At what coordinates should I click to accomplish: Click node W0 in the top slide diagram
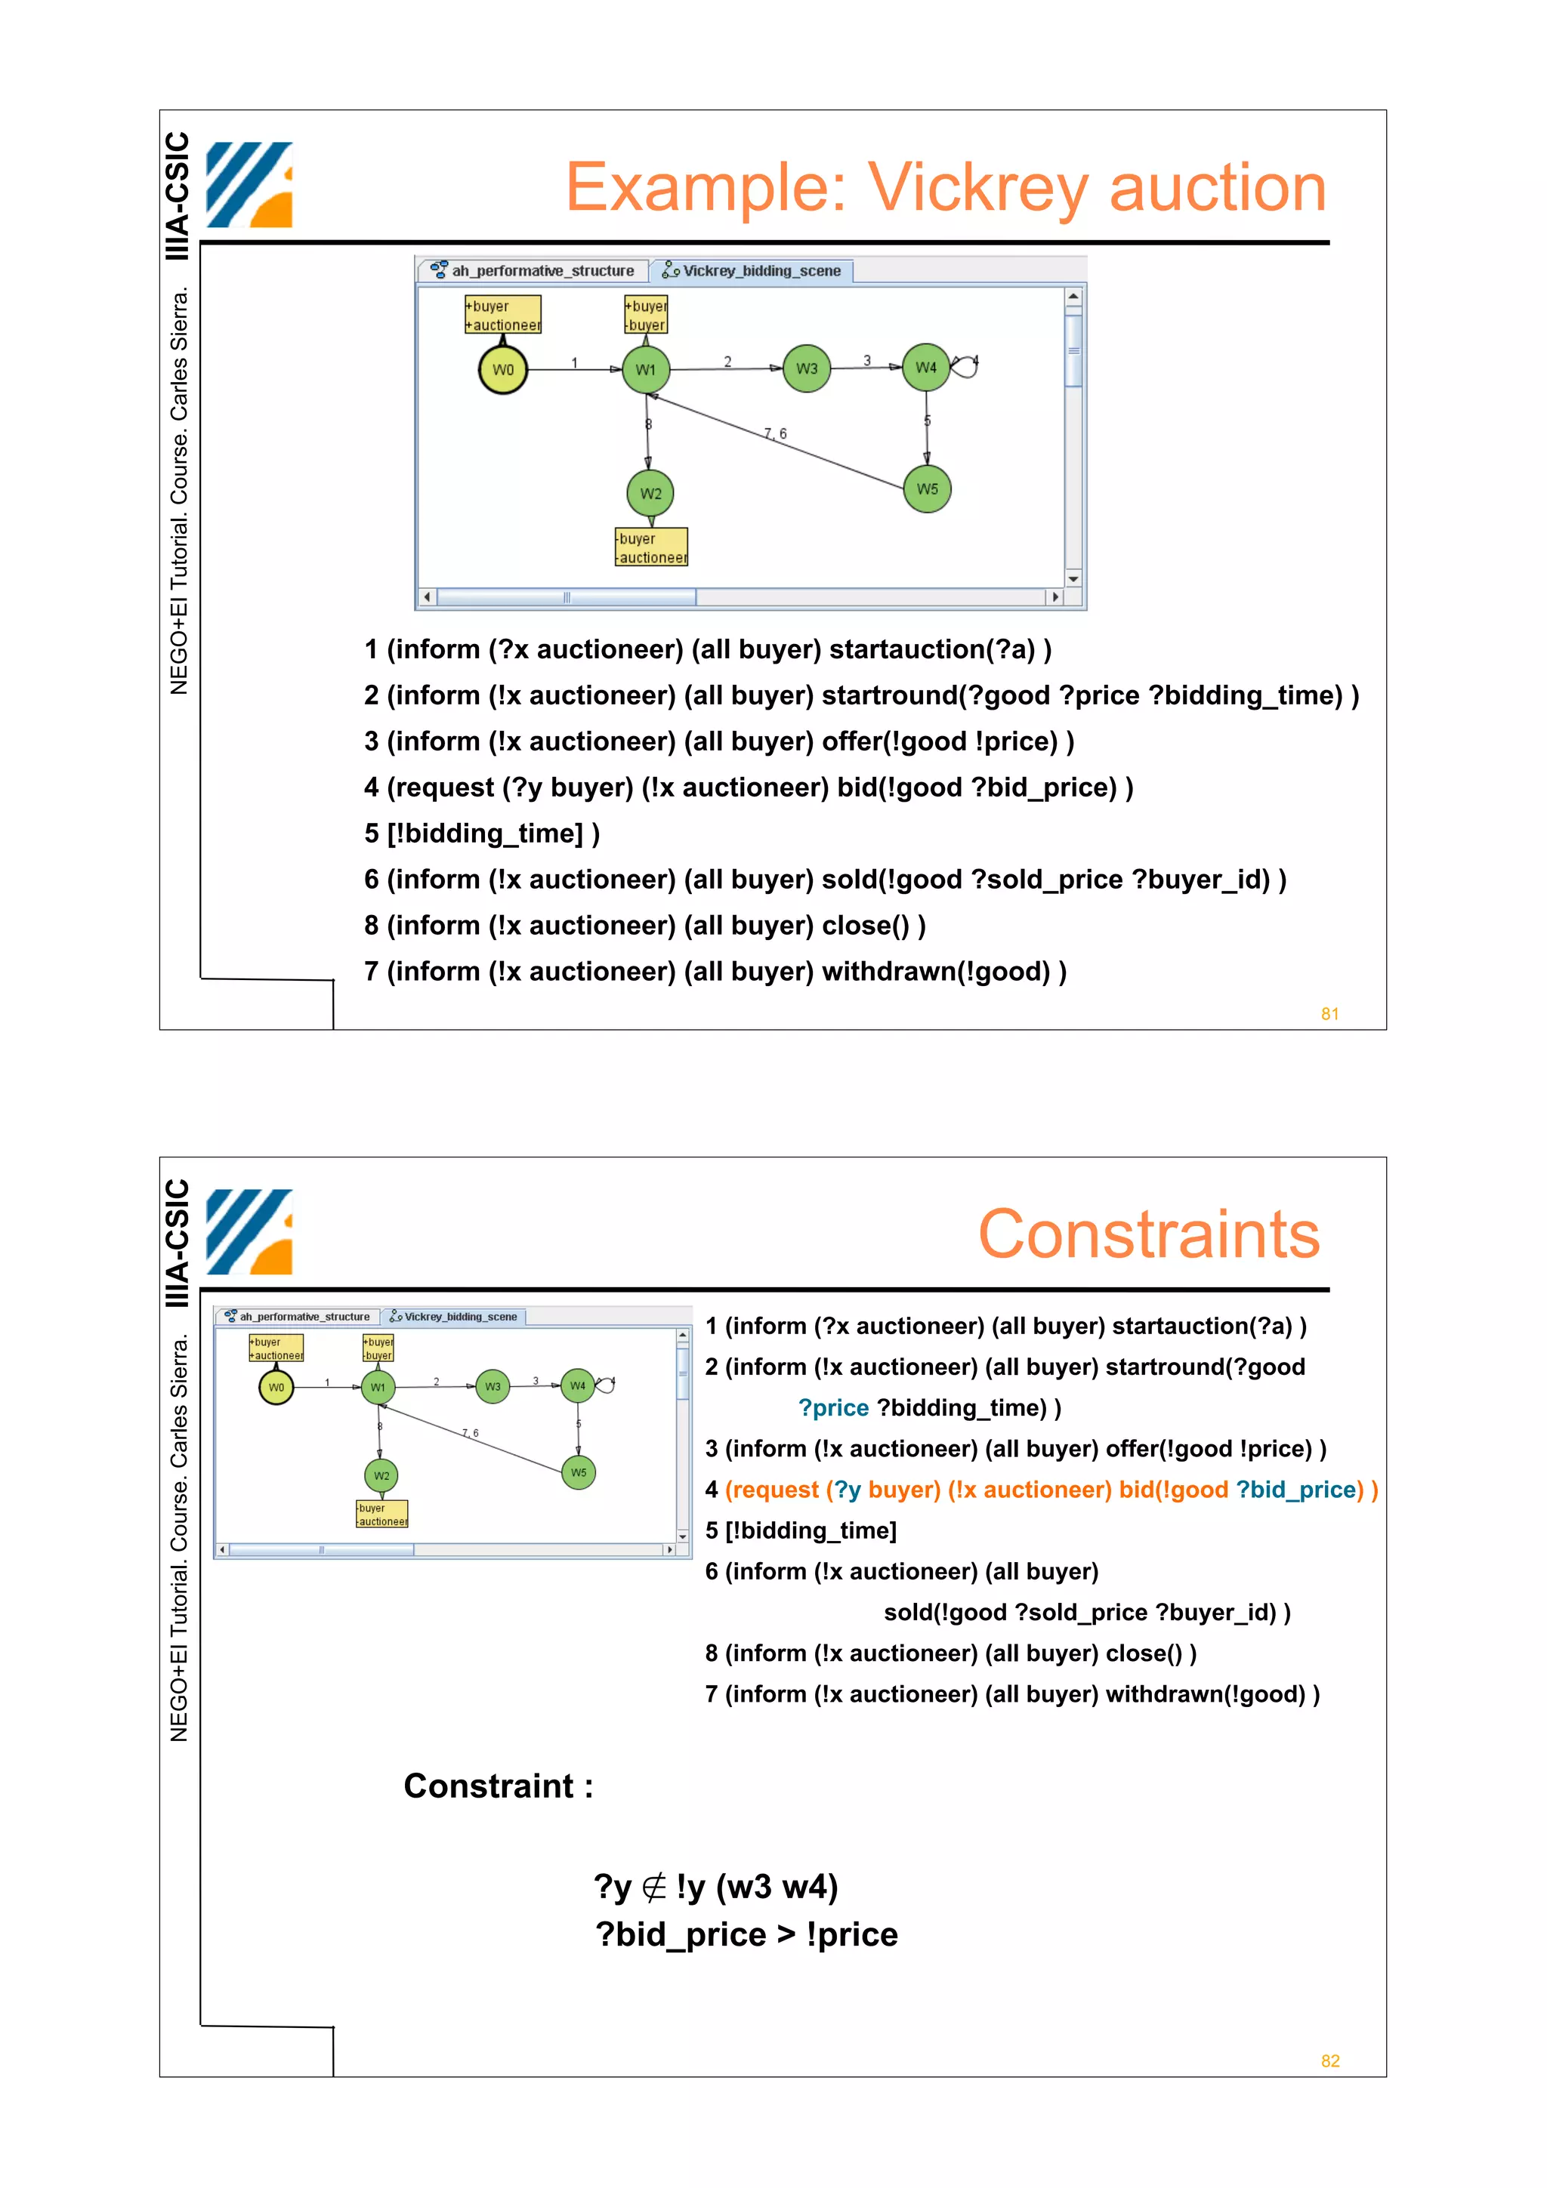tap(502, 370)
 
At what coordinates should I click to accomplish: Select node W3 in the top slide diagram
tap(807, 368)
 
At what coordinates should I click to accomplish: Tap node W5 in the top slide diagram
tap(928, 489)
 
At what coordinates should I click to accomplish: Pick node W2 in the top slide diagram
tap(650, 494)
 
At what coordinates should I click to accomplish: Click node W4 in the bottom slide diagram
tap(578, 1385)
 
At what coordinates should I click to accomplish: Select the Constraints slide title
tap(1149, 1234)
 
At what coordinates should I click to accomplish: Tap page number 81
tap(1329, 1014)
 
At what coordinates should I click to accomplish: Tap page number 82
tap(1329, 2060)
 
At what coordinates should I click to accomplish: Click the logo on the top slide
tap(249, 185)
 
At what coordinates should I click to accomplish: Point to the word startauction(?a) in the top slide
tap(931, 650)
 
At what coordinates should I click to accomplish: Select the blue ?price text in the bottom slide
tap(833, 1407)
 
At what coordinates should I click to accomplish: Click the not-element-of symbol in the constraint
tap(654, 1887)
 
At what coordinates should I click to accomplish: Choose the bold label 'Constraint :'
tap(498, 1786)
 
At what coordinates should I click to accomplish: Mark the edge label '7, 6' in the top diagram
tap(775, 433)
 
